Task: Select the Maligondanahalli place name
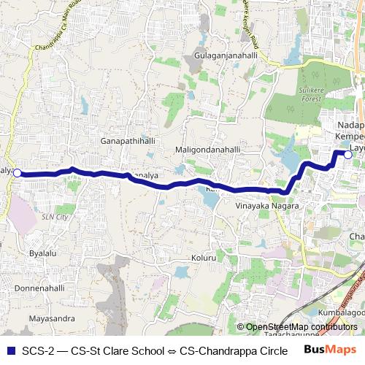(207, 150)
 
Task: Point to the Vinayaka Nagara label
(268, 207)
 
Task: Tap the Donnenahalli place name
(40, 288)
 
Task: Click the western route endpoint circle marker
(17, 173)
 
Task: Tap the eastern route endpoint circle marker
(348, 155)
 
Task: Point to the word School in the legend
(146, 350)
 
